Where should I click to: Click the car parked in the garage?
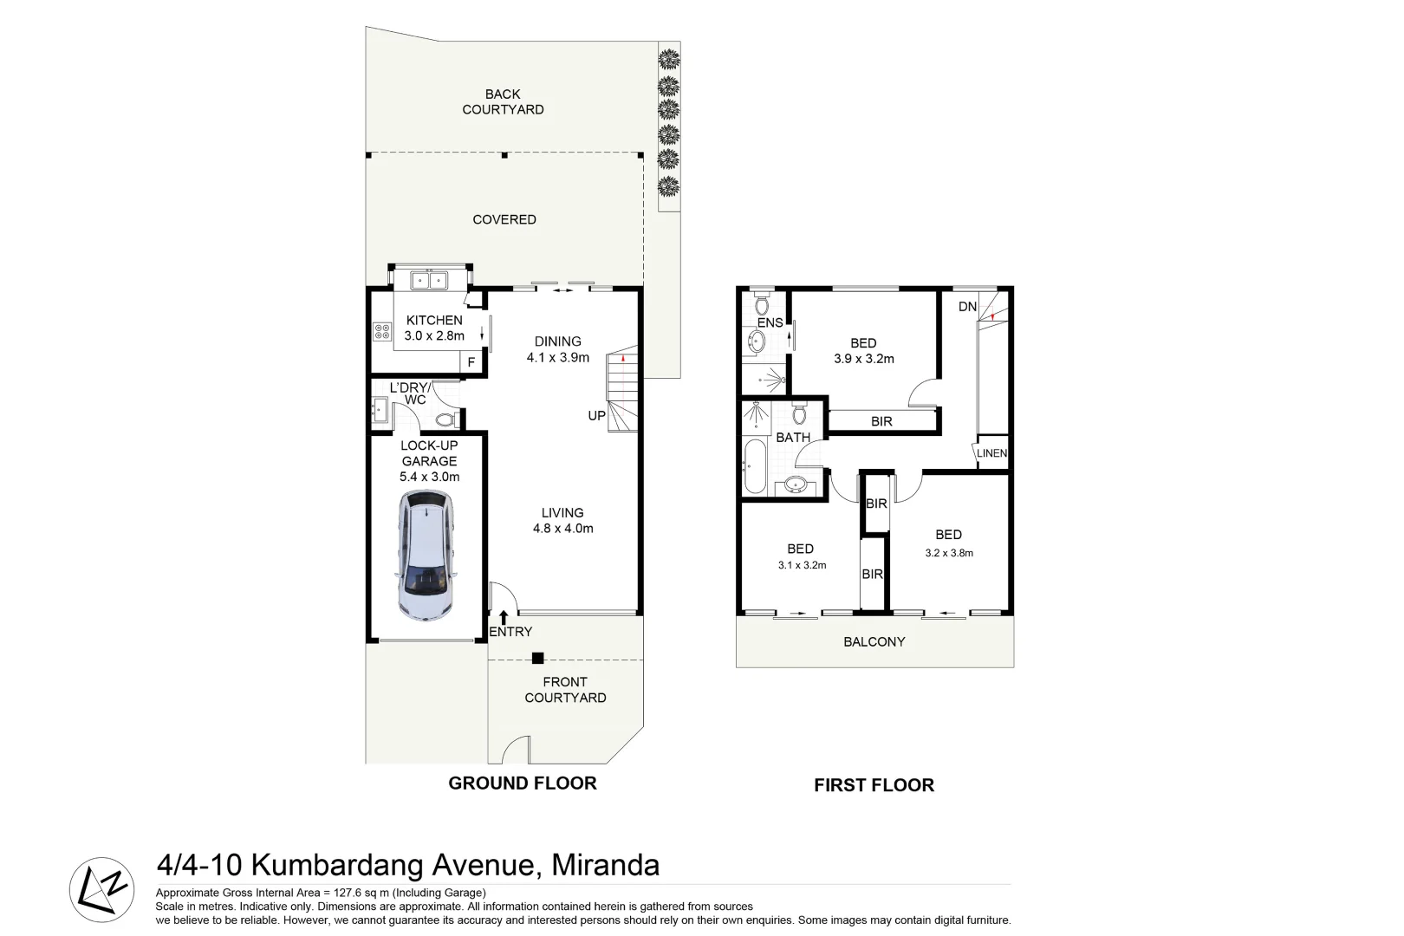pyautogui.click(x=425, y=556)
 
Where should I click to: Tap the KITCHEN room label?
pyautogui.click(x=434, y=321)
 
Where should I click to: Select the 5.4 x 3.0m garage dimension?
pyautogui.click(x=429, y=477)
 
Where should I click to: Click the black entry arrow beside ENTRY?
pyautogui.click(x=504, y=618)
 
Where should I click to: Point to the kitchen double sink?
pyautogui.click(x=429, y=280)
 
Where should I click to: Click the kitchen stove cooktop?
pyautogui.click(x=381, y=331)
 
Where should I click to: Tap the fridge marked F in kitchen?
pyautogui.click(x=471, y=362)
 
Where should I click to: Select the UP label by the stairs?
pyautogui.click(x=597, y=416)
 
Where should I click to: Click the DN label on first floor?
pyautogui.click(x=967, y=307)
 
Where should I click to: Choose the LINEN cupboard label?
pyautogui.click(x=992, y=453)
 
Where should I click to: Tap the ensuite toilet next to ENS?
pyautogui.click(x=762, y=305)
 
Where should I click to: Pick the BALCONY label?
pyautogui.click(x=874, y=642)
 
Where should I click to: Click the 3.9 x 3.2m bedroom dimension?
pyautogui.click(x=863, y=359)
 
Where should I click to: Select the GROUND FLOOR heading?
pyautogui.click(x=523, y=783)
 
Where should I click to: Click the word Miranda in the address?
pyautogui.click(x=606, y=865)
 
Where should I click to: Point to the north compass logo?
pyautogui.click(x=102, y=890)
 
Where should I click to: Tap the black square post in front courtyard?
pyautogui.click(x=538, y=658)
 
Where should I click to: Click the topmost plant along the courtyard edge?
pyautogui.click(x=668, y=60)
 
